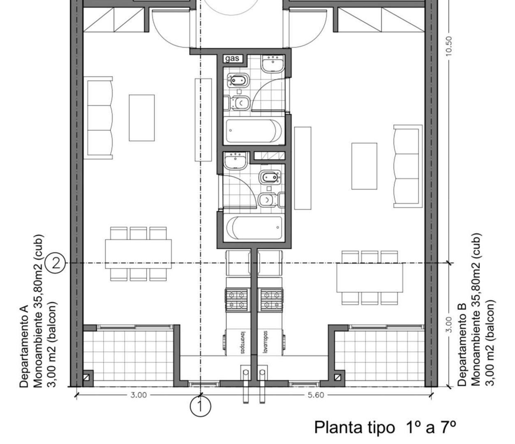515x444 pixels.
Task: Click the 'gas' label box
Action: pyautogui.click(x=233, y=58)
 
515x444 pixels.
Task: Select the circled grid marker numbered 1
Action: pyautogui.click(x=200, y=406)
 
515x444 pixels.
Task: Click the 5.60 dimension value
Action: pyautogui.click(x=315, y=395)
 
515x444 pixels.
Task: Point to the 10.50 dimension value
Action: pyautogui.click(x=448, y=46)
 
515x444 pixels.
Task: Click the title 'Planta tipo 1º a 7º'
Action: pyautogui.click(x=385, y=427)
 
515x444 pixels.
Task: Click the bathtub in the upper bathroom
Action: pyautogui.click(x=254, y=130)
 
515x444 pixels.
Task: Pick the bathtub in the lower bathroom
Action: pyautogui.click(x=254, y=228)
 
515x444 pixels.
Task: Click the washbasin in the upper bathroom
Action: pyautogui.click(x=273, y=64)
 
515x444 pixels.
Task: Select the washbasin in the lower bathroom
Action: pyautogui.click(x=236, y=160)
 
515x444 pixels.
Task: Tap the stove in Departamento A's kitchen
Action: pyautogui.click(x=237, y=299)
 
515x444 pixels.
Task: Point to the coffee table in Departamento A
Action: pyautogui.click(x=142, y=118)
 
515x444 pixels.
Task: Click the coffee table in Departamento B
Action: pyautogui.click(x=364, y=166)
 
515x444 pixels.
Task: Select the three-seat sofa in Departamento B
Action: pyautogui.click(x=407, y=166)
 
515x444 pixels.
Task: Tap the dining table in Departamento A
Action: pyautogui.click(x=138, y=254)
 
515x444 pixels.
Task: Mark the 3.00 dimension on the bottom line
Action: pyautogui.click(x=139, y=395)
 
